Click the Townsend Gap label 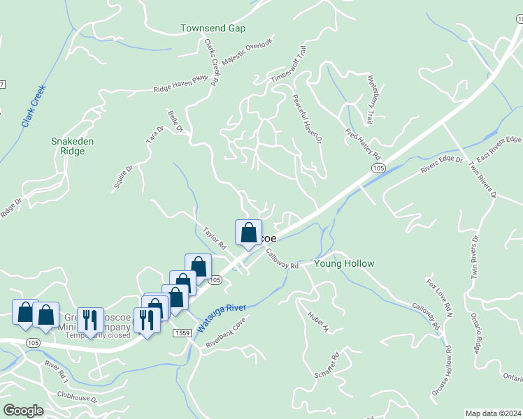[x=213, y=29]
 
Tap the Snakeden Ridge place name [x=73, y=146]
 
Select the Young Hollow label [x=344, y=264]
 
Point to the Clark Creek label [x=33, y=105]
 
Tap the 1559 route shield [x=184, y=335]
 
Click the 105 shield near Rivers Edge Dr [x=378, y=169]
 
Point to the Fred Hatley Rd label [x=361, y=143]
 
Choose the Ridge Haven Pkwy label [x=181, y=84]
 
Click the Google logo [x=24, y=411]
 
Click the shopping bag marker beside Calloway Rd [x=248, y=233]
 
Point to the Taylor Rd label [x=215, y=237]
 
